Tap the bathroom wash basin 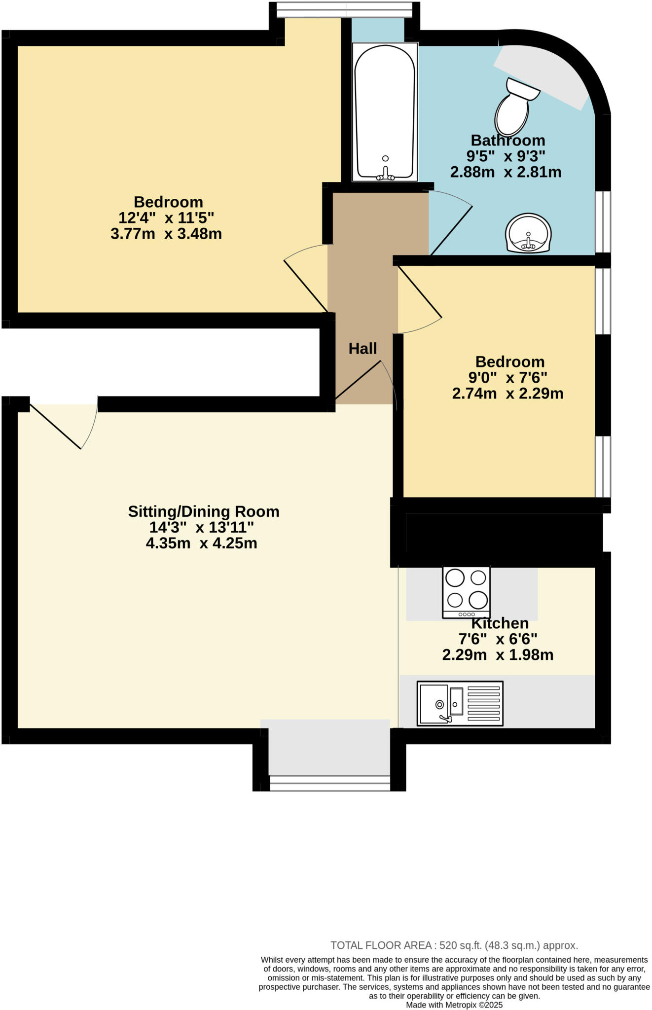coord(528,234)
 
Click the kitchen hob coord(466,592)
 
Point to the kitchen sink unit coord(460,703)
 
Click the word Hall coord(362,349)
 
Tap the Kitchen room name coord(500,623)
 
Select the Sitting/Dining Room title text coord(203,511)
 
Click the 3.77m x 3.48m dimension coord(166,234)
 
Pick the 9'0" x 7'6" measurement coord(507,378)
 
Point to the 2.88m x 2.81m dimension coord(506,172)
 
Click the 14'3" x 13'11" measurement coord(201,527)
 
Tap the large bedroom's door coord(306,279)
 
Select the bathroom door coord(450,224)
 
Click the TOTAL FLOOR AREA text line coord(454,945)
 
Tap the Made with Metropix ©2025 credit coord(454,1005)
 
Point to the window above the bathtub coord(344,8)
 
